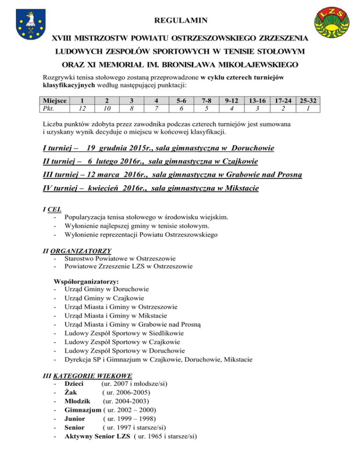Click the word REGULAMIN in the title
(x=180, y=20)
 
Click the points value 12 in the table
(x=82, y=108)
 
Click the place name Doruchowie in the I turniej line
(x=253, y=149)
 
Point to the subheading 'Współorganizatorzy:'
(x=87, y=282)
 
